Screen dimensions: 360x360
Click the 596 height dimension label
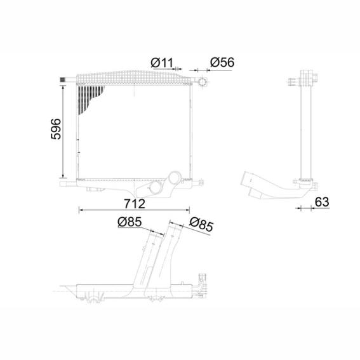pos(56,129)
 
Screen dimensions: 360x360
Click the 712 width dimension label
pos(135,204)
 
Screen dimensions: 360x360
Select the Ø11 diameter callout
pos(162,62)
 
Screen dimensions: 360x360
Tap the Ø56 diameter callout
pos(222,62)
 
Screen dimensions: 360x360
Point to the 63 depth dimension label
pos(322,202)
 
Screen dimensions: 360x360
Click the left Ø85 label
pos(130,222)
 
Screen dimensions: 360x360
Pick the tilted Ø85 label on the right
pos(201,224)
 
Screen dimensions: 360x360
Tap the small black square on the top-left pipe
pos(62,79)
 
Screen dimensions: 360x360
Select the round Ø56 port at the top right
pos(203,82)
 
